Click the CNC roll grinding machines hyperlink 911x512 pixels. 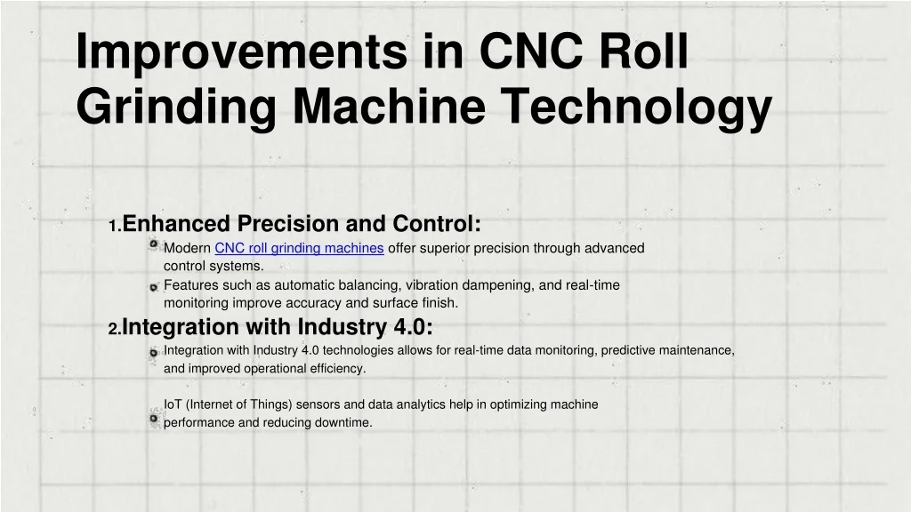click(299, 249)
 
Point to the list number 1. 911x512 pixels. click(115, 227)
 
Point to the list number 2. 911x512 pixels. click(115, 329)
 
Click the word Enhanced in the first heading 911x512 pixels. click(176, 223)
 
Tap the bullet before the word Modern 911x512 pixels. click(153, 244)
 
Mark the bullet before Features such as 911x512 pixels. click(153, 287)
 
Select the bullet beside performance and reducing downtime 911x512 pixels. click(153, 418)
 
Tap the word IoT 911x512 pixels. click(173, 404)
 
